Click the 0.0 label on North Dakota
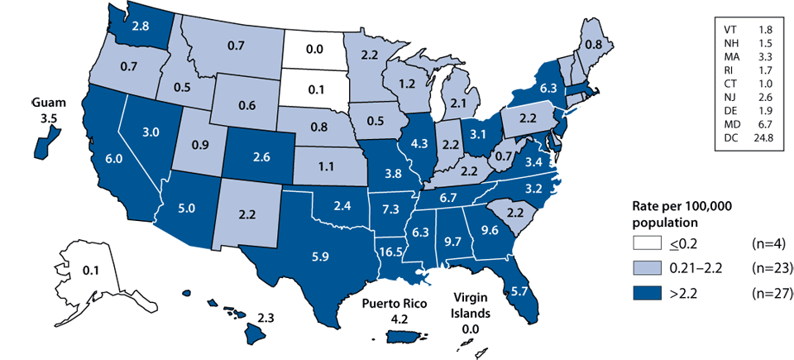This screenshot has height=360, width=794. point(313,50)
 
